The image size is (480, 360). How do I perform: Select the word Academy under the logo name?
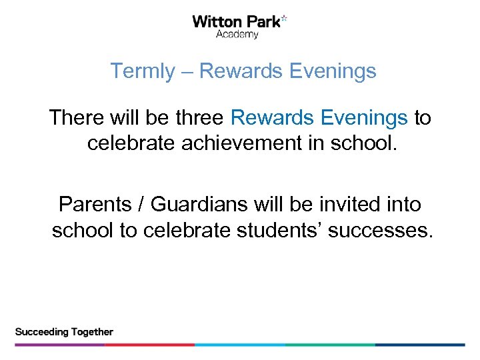237,35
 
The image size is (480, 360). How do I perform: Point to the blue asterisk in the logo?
285,19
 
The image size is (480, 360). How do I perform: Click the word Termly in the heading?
141,71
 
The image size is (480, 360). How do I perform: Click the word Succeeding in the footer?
42,331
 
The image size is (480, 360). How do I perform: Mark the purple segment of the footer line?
60,345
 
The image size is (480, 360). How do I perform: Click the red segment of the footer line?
150,345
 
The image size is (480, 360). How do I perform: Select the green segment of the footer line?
330,345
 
